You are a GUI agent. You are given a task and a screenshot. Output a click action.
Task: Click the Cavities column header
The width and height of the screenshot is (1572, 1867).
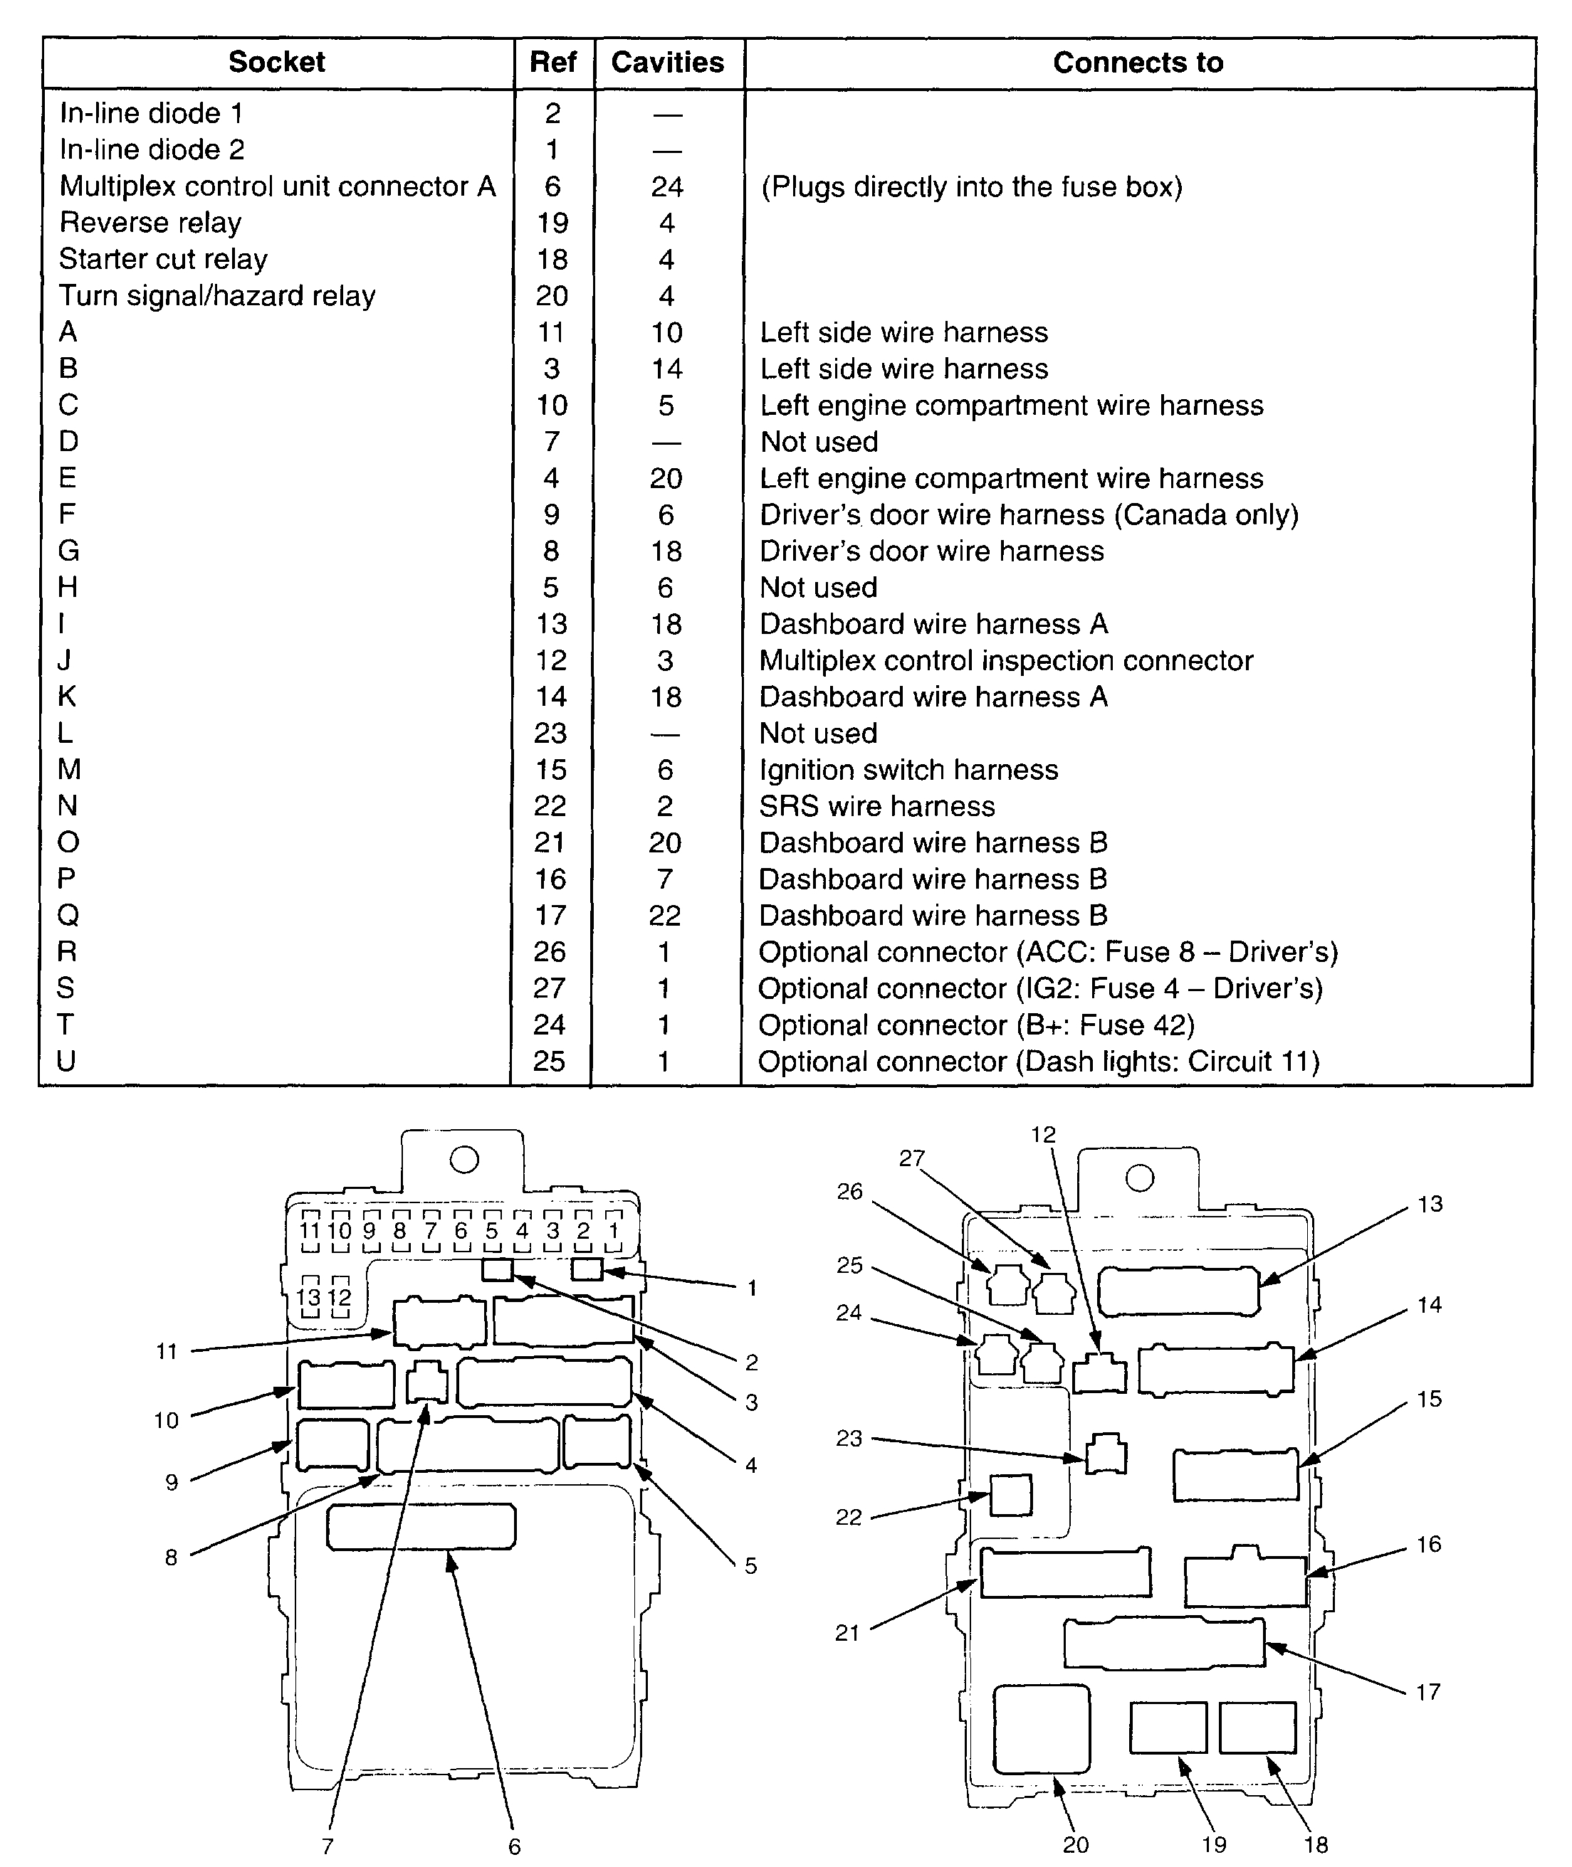(x=668, y=63)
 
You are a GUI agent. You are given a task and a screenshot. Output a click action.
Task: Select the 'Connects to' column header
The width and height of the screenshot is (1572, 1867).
(x=1137, y=63)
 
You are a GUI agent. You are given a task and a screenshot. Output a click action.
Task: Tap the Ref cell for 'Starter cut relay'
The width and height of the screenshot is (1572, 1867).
(x=552, y=259)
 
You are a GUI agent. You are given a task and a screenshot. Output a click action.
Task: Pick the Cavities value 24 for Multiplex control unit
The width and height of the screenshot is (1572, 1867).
(x=666, y=186)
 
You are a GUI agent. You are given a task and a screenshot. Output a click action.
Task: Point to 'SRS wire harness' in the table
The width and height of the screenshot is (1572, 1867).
(x=877, y=806)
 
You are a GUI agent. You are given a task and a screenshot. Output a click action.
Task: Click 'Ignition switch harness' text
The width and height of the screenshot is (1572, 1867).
(x=908, y=770)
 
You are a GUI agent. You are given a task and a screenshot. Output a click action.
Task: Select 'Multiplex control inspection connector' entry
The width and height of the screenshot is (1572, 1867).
(x=1006, y=660)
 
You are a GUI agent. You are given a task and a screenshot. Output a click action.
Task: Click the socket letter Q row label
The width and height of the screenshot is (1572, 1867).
(x=68, y=916)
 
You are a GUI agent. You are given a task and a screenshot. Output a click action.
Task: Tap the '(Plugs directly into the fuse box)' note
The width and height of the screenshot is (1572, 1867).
(x=971, y=187)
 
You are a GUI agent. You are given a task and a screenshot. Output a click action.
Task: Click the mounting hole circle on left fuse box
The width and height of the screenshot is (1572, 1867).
(x=464, y=1159)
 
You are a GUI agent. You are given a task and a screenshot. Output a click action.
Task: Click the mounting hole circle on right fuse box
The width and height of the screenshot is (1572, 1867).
(x=1140, y=1178)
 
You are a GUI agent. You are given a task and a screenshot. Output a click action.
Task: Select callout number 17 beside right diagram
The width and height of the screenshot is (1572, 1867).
(x=1427, y=1691)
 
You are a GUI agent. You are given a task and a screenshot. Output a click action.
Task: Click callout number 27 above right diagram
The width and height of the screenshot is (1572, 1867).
(x=911, y=1158)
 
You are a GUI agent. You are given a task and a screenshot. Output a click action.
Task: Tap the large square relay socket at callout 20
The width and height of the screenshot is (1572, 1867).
(x=1041, y=1728)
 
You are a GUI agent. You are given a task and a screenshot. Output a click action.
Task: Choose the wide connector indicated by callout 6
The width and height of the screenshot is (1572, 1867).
(x=421, y=1527)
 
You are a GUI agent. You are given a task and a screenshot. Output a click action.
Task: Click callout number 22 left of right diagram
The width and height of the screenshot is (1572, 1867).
(x=849, y=1517)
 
